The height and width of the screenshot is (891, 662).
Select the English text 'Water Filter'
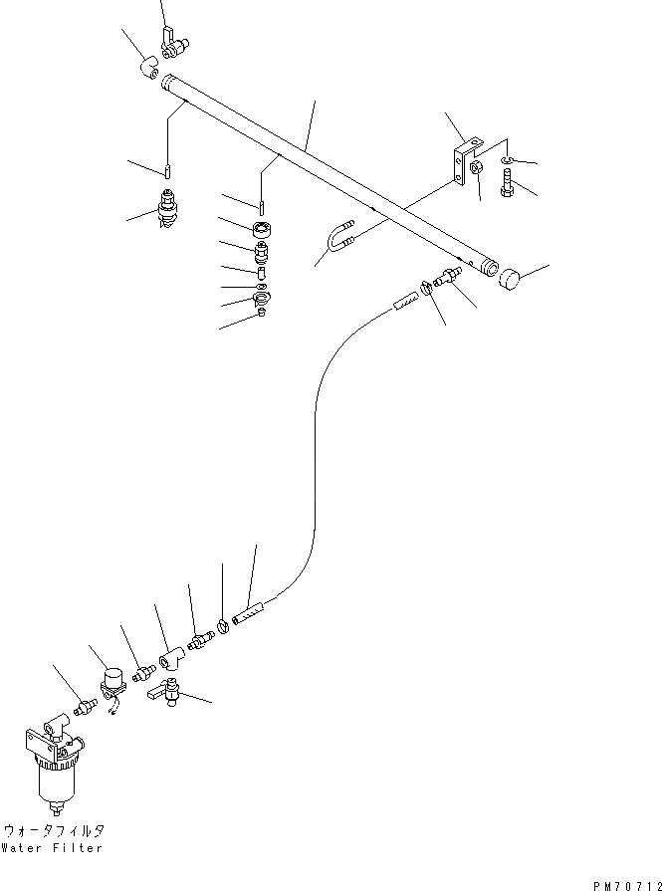54,848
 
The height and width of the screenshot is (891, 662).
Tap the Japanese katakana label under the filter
54,830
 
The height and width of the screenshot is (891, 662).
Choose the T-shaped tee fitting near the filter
170,656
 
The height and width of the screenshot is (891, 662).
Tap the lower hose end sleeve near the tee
245,617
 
